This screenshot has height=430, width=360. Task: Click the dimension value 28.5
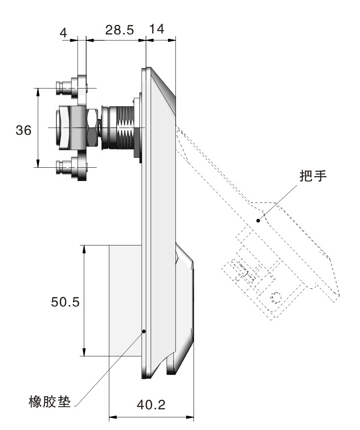pos(120,30)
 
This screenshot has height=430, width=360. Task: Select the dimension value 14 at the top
pos(157,29)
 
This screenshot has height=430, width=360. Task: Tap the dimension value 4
pos(64,33)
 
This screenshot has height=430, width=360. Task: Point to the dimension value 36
pos(23,130)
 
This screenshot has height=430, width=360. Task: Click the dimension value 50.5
pos(65,302)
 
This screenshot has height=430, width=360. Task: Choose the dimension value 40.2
pos(151,404)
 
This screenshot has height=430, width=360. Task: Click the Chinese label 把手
pos(313,176)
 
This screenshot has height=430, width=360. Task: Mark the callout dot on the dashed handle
pos(258,220)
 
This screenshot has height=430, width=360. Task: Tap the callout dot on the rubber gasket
pos(144,331)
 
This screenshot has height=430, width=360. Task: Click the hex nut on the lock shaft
pos(92,128)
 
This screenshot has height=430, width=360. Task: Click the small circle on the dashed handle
pos(275,297)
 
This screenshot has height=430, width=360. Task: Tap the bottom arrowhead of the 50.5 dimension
pos(84,352)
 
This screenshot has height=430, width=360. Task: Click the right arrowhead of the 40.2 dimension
pos(190,417)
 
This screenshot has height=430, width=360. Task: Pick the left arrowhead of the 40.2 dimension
pos(113,417)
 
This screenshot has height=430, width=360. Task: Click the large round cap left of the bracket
pos(63,128)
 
